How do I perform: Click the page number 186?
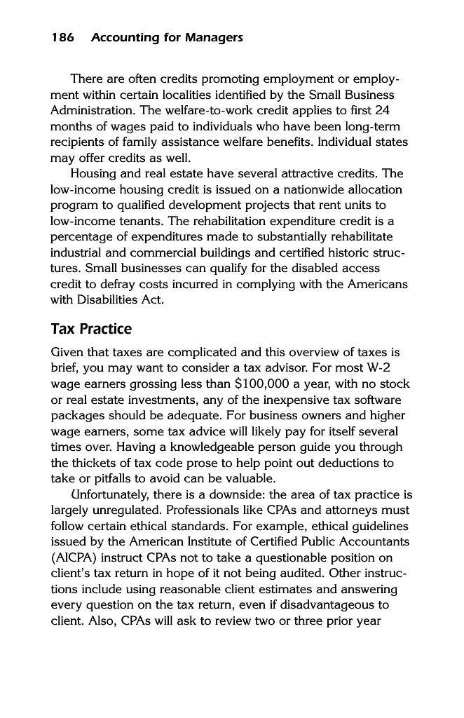pos(64,37)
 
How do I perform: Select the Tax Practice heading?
pos(91,329)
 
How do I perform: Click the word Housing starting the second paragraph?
pos(96,174)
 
